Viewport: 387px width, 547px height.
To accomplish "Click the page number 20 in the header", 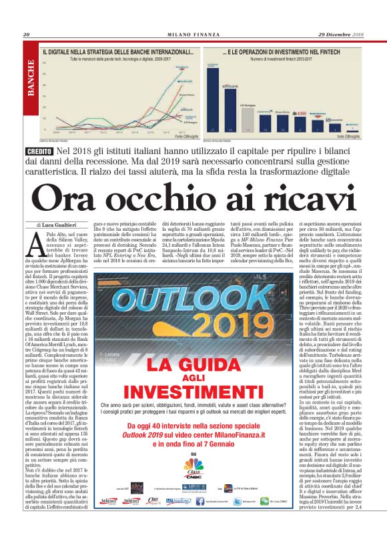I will coord(27,35).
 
